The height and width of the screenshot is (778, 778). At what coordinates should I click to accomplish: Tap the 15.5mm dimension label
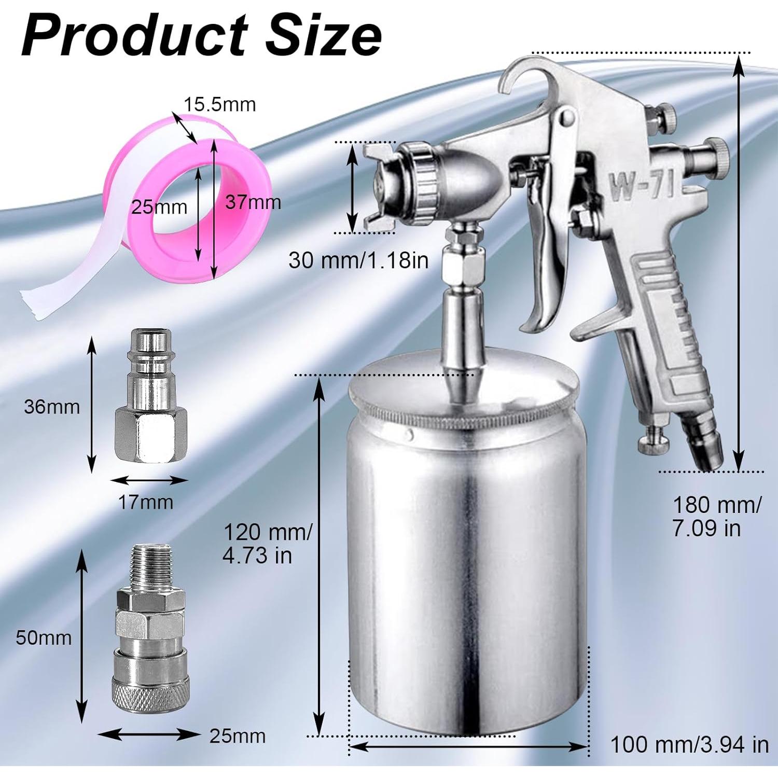coord(219,104)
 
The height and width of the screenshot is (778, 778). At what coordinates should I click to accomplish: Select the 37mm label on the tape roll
coord(253,202)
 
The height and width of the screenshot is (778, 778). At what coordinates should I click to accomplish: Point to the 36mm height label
coord(52,407)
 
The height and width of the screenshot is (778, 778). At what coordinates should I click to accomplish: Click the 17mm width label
coord(146,502)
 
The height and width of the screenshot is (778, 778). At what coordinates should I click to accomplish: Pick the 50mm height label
coord(44,637)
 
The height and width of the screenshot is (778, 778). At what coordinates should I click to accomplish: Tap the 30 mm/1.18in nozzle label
coord(358,260)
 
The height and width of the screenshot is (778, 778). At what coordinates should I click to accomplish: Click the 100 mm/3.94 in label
coord(689,745)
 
